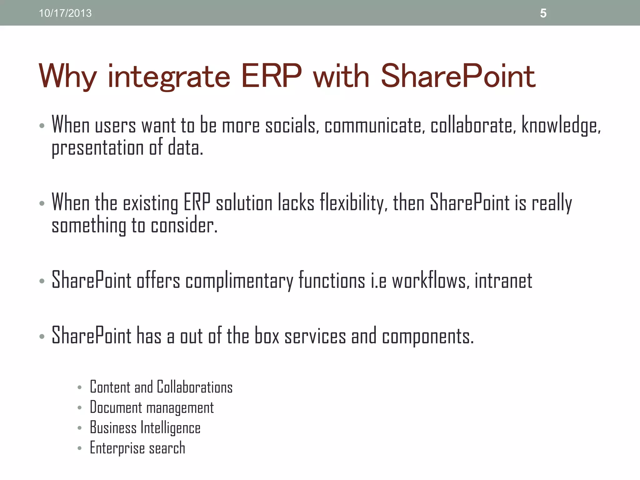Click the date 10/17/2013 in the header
(x=65, y=13)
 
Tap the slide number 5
(x=543, y=13)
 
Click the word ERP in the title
(x=271, y=76)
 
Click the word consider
(x=184, y=225)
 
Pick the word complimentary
(x=239, y=281)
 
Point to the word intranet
(x=503, y=280)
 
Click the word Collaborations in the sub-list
(x=194, y=387)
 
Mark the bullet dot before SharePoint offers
(x=42, y=281)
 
